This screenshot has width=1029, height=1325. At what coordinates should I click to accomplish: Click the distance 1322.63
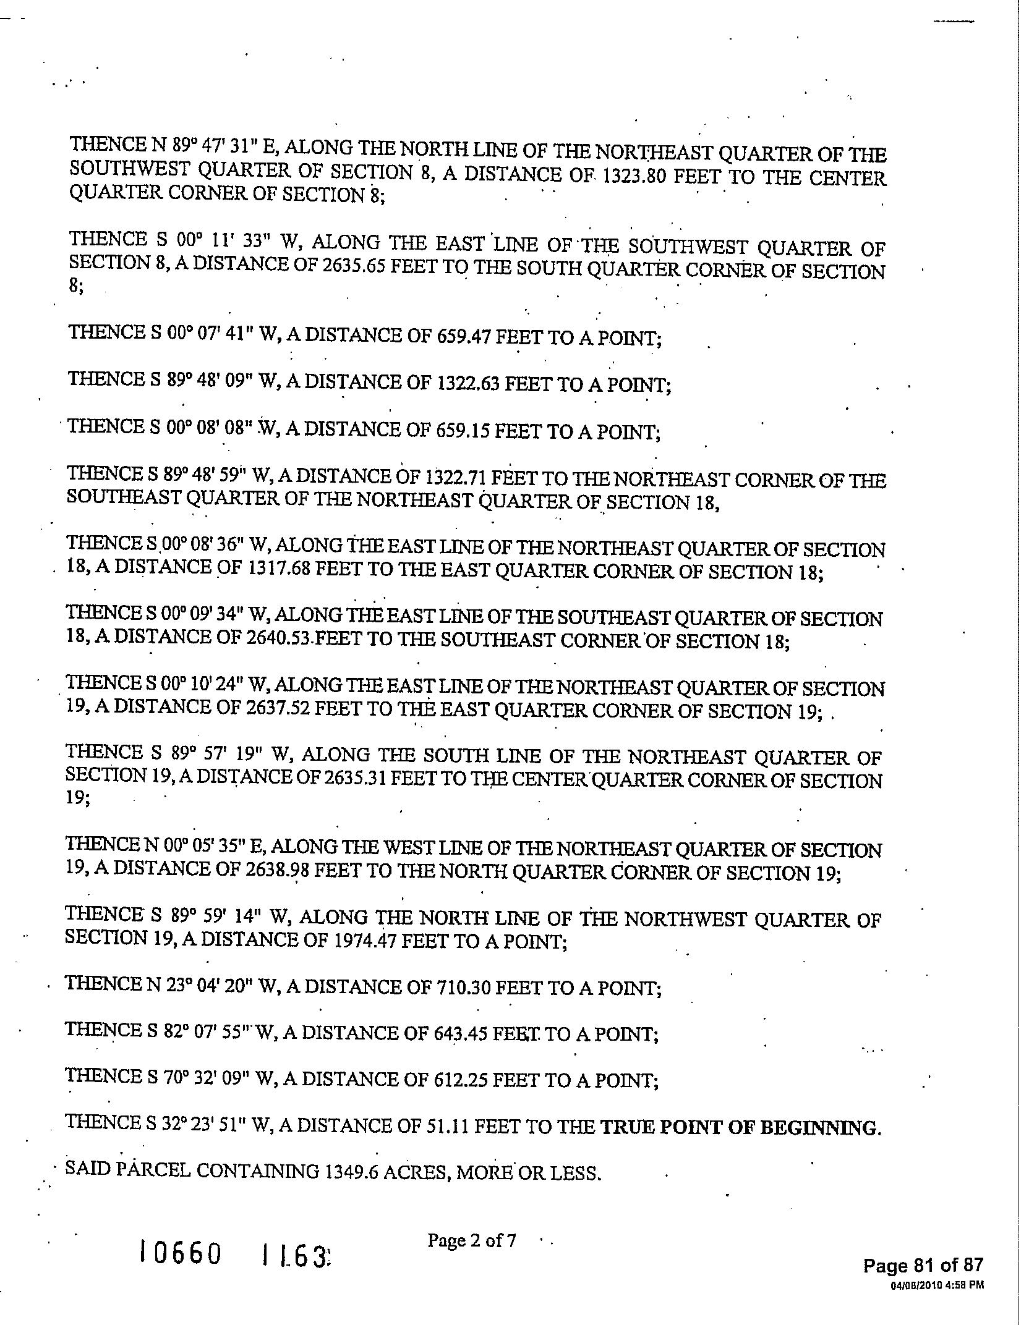(468, 384)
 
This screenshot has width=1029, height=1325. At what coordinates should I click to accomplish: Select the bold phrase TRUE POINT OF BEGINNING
(740, 1128)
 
